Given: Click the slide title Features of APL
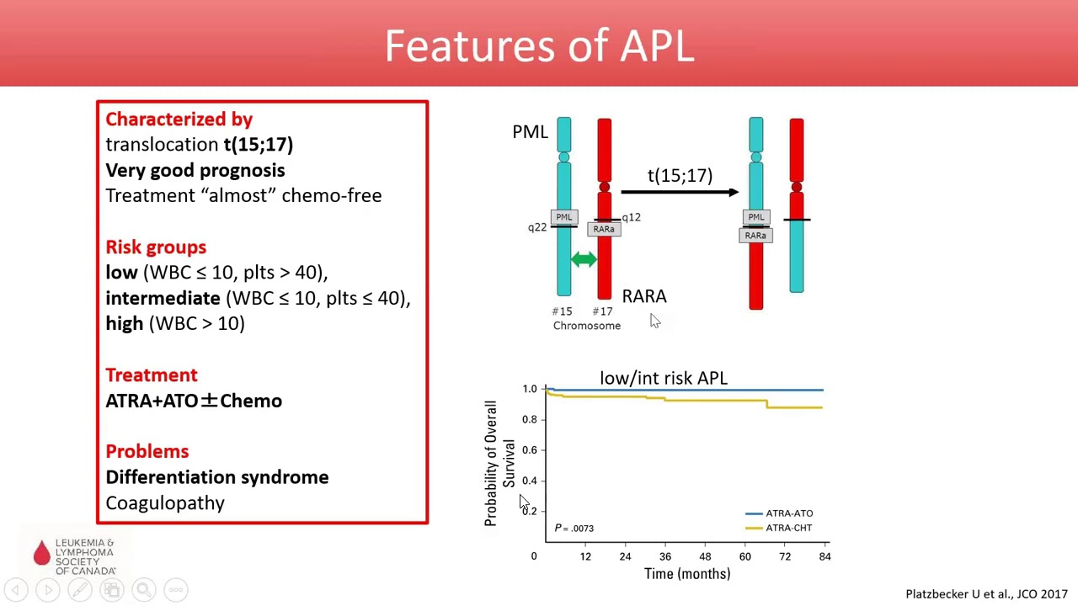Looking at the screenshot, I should coord(539,45).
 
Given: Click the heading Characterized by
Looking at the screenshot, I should coord(179,120).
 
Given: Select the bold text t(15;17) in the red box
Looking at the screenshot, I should coord(258,145).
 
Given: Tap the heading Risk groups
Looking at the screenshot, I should coord(156,247).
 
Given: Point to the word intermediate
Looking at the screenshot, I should coord(163,298).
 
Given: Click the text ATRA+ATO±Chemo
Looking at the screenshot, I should coord(194,401).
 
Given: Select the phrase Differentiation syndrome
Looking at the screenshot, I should coord(216,477).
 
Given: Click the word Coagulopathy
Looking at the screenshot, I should coord(165,503).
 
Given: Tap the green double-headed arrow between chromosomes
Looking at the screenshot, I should coord(584,260).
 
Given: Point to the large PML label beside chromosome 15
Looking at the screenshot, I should coord(530,132).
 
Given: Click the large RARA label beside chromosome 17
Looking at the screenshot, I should coord(643,296).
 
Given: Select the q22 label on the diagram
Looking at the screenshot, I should coord(536,227).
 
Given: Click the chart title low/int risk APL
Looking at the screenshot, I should coord(663,378).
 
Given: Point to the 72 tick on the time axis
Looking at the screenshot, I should coord(785,556).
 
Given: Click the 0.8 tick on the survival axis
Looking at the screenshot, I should coord(529,419).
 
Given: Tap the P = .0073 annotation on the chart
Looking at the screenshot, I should coord(574,529).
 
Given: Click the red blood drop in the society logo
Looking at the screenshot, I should coord(42,553).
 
